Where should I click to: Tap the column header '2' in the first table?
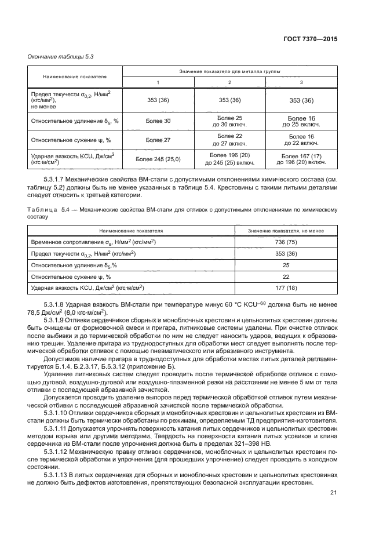click(229, 82)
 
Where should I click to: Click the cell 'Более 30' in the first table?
click(158, 121)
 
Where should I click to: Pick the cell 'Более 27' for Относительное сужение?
click(158, 140)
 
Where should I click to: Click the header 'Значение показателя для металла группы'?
click(229, 71)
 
